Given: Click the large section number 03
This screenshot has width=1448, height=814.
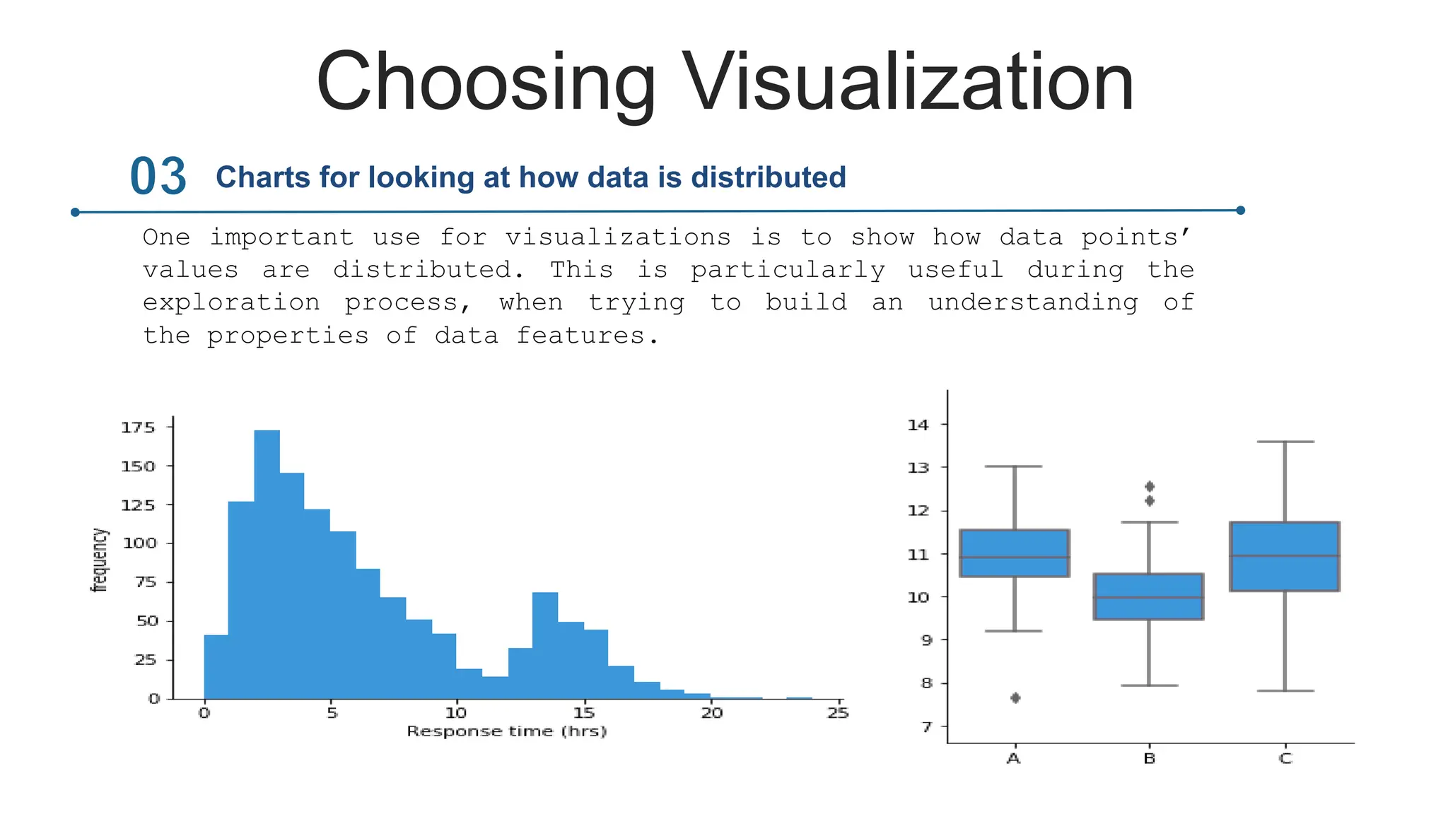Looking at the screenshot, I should pos(158,177).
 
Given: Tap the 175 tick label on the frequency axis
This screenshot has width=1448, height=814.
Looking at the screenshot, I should pos(138,427).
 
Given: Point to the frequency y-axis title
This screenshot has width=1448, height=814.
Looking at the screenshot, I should pos(100,560).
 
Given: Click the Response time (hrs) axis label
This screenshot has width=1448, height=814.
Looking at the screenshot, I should pos(506,731).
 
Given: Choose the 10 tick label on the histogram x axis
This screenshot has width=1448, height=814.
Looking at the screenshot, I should pos(456,713).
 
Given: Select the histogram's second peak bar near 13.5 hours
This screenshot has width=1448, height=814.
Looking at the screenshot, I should pos(544,644).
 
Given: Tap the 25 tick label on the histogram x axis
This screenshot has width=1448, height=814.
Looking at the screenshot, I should pos(838,713).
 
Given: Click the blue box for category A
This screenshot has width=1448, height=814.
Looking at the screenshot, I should pos(1014,553).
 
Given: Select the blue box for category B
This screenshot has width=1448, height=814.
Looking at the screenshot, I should pos(1148,596).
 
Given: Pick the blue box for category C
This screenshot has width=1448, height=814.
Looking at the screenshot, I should pos(1284,556).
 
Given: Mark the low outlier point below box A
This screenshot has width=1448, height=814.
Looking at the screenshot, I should pos(1015,698).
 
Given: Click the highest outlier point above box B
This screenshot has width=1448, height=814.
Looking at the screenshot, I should pos(1149,486).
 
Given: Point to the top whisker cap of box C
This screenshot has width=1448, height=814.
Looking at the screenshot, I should pos(1285,442).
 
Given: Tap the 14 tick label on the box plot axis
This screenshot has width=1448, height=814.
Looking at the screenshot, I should pos(918,425).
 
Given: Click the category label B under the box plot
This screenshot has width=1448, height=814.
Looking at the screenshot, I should pos(1149,759).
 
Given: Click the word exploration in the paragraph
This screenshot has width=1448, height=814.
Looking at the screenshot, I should pos(231,303).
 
